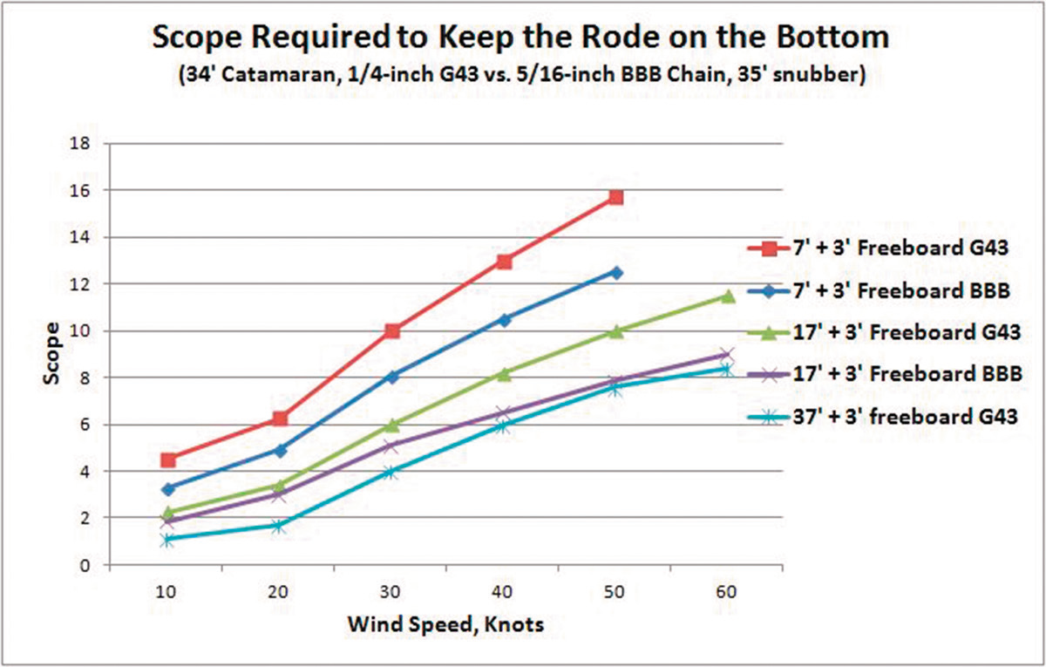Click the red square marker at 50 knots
coord(615,197)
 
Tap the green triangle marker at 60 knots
coord(728,296)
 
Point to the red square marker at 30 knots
coord(391,330)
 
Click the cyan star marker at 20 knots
coord(279,526)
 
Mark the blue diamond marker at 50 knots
coord(615,273)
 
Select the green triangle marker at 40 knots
coord(504,373)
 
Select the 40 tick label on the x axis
coord(504,592)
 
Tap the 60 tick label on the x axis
coord(728,592)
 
